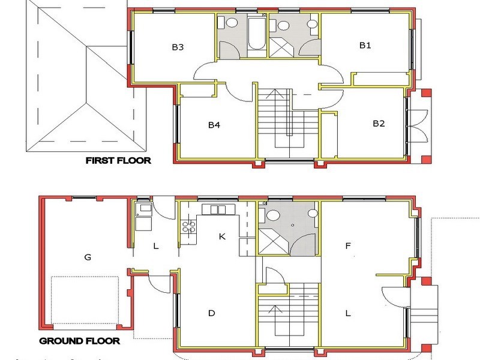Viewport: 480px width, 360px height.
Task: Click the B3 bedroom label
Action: pos(177,47)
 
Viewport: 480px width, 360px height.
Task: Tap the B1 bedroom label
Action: pos(365,45)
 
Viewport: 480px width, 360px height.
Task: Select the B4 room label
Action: pos(215,125)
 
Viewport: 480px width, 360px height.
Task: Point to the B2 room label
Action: pos(379,124)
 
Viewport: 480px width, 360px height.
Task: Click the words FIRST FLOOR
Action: pos(118,160)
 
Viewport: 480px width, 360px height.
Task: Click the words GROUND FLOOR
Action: pos(80,341)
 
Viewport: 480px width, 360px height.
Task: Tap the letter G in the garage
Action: pos(88,257)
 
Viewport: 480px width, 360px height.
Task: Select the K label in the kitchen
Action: pos(222,236)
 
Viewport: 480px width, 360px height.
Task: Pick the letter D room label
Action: pos(211,313)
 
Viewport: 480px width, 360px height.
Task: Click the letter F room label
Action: pos(348,245)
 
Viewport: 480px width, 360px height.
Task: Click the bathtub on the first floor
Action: pos(255,35)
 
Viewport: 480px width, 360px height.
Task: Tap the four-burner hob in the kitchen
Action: pos(188,226)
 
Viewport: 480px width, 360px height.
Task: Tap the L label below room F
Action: pos(348,313)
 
